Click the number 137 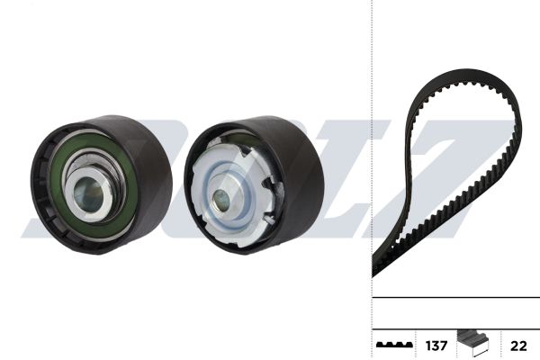pos(436,346)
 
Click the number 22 pos(518,346)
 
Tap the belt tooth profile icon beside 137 pos(394,345)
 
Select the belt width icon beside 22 pos(472,344)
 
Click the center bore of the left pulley pos(89,195)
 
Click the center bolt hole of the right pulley pos(221,200)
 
